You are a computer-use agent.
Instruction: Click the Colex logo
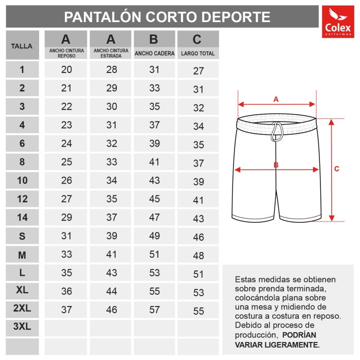click(337, 22)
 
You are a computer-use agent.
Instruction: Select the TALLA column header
click(22, 46)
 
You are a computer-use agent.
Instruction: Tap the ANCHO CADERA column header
click(154, 45)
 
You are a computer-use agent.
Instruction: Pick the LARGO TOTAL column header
click(198, 45)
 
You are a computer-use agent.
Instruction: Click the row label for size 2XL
click(22, 309)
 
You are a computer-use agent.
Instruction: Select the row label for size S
click(22, 236)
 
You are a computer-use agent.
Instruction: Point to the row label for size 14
click(22, 218)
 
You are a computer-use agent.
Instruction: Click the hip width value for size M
click(154, 254)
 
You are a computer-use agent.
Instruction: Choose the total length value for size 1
click(199, 71)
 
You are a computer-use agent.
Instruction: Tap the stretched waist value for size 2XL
click(111, 310)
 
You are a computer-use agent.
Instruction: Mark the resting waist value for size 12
click(66, 199)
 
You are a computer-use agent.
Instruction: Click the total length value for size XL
click(199, 293)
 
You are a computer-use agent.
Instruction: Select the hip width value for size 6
click(154, 143)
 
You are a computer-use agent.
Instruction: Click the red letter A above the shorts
click(276, 99)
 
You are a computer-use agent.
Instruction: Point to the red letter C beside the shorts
click(336, 169)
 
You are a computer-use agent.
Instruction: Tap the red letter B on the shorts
click(276, 165)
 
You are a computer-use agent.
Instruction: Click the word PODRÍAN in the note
click(299, 335)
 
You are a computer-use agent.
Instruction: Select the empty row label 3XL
click(22, 328)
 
